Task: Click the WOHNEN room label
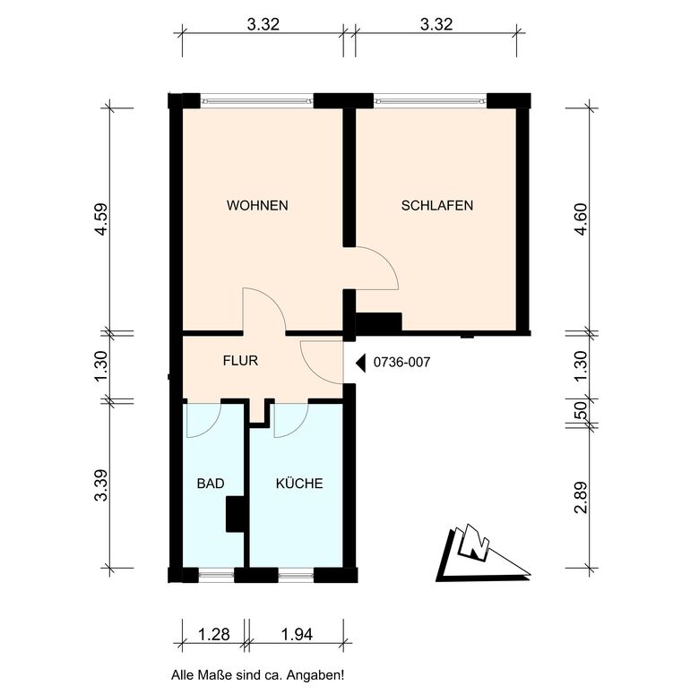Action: (257, 205)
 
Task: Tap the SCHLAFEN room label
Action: (437, 205)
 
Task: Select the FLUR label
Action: (240, 360)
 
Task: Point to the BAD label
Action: (211, 484)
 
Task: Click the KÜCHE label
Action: (299, 483)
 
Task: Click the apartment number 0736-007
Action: (401, 362)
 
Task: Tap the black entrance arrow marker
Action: (360, 363)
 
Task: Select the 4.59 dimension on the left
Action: (100, 219)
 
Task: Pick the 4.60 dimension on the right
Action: (581, 219)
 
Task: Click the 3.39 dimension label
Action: (100, 485)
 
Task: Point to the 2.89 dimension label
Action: (581, 498)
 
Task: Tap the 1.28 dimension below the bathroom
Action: (214, 634)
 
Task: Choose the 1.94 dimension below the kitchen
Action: (297, 634)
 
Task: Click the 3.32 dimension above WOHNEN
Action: (263, 24)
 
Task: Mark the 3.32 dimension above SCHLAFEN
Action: (436, 24)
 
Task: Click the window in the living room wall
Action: (257, 100)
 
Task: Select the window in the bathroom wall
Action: (216, 575)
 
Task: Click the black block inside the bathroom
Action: (235, 514)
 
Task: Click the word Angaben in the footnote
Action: (315, 675)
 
